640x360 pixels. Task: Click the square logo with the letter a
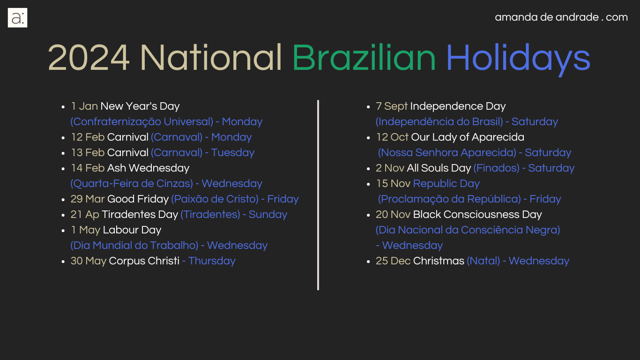tap(17, 18)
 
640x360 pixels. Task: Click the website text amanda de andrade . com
tap(561, 17)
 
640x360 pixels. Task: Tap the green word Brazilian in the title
tap(364, 58)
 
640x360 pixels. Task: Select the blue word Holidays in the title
tap(518, 59)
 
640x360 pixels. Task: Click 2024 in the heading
tap(89, 58)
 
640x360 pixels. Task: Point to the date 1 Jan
tap(84, 106)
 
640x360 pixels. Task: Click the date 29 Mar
tap(88, 199)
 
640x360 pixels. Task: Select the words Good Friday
tap(138, 199)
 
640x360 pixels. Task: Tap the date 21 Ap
tap(85, 215)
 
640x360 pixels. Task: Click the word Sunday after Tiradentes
tap(268, 215)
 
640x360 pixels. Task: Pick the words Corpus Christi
tap(144, 261)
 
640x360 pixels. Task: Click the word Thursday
tap(212, 261)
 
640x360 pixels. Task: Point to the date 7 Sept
tap(391, 106)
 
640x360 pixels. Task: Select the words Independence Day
tap(458, 106)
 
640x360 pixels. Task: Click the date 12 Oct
tap(392, 137)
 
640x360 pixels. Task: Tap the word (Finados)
tap(497, 168)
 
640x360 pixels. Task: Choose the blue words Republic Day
tap(447, 184)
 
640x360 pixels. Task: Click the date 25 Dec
tap(393, 261)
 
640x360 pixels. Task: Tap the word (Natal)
tap(484, 261)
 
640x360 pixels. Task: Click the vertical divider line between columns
tap(318, 195)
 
